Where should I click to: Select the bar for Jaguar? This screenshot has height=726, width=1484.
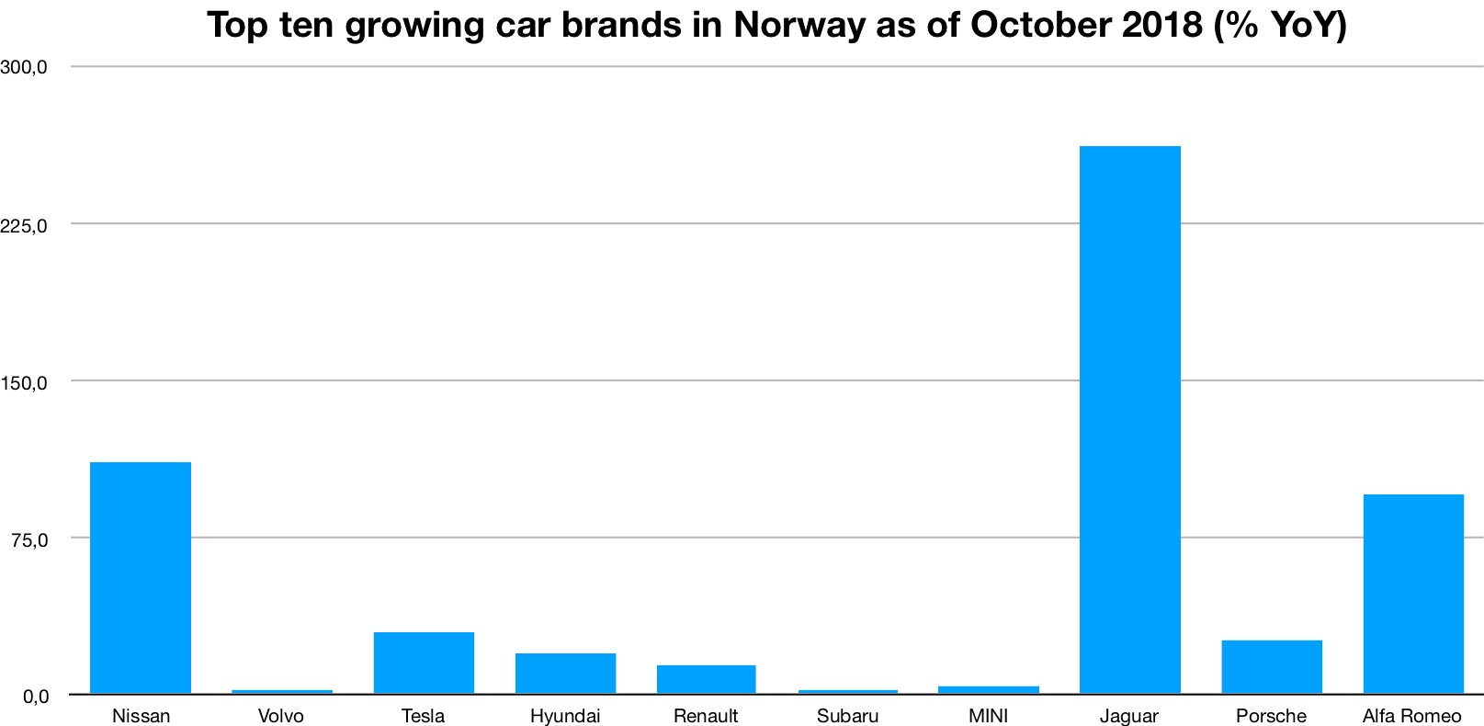click(x=1129, y=419)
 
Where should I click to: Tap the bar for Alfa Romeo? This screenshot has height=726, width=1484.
click(x=1412, y=594)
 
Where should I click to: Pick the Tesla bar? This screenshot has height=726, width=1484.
click(x=424, y=663)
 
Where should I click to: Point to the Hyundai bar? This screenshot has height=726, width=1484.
click(x=565, y=673)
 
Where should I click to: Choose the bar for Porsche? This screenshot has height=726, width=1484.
click(x=1271, y=666)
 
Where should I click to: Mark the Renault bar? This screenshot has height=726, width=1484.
click(x=706, y=679)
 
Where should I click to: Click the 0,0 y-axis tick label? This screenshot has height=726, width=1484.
click(x=35, y=696)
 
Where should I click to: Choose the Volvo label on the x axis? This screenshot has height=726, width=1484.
click(x=281, y=716)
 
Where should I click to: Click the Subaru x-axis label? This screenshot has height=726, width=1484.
click(x=847, y=716)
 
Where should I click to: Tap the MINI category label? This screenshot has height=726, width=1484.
click(x=989, y=716)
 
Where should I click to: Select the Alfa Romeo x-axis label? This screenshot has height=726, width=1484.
click(x=1411, y=716)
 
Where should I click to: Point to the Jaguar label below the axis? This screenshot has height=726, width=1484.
click(x=1129, y=716)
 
